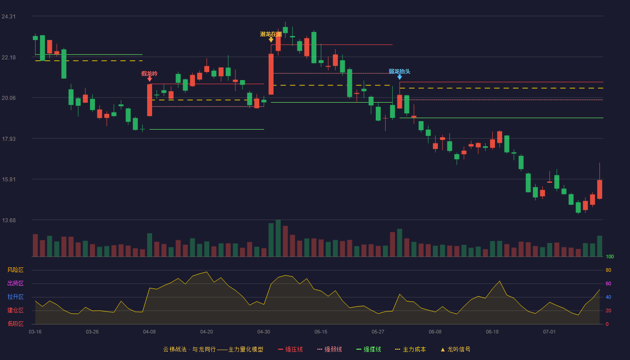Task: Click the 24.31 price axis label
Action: click(9, 17)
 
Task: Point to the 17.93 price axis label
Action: click(9, 139)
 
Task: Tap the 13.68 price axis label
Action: click(9, 220)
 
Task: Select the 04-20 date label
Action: click(207, 332)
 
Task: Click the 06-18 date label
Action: click(492, 332)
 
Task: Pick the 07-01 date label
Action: click(549, 332)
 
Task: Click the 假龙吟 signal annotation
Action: click(149, 74)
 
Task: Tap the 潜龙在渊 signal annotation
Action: click(271, 34)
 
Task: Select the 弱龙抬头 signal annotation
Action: click(400, 72)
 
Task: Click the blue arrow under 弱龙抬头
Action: click(400, 77)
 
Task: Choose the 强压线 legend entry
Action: click(290, 349)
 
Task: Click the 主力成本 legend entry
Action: click(410, 349)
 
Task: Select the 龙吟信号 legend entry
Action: click(455, 349)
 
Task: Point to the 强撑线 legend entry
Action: click(369, 349)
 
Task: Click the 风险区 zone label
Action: click(15, 270)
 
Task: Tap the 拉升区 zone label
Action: click(15, 297)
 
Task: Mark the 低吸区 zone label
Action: click(15, 324)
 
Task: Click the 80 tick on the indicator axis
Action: click(608, 270)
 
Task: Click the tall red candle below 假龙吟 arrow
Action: click(149, 100)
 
